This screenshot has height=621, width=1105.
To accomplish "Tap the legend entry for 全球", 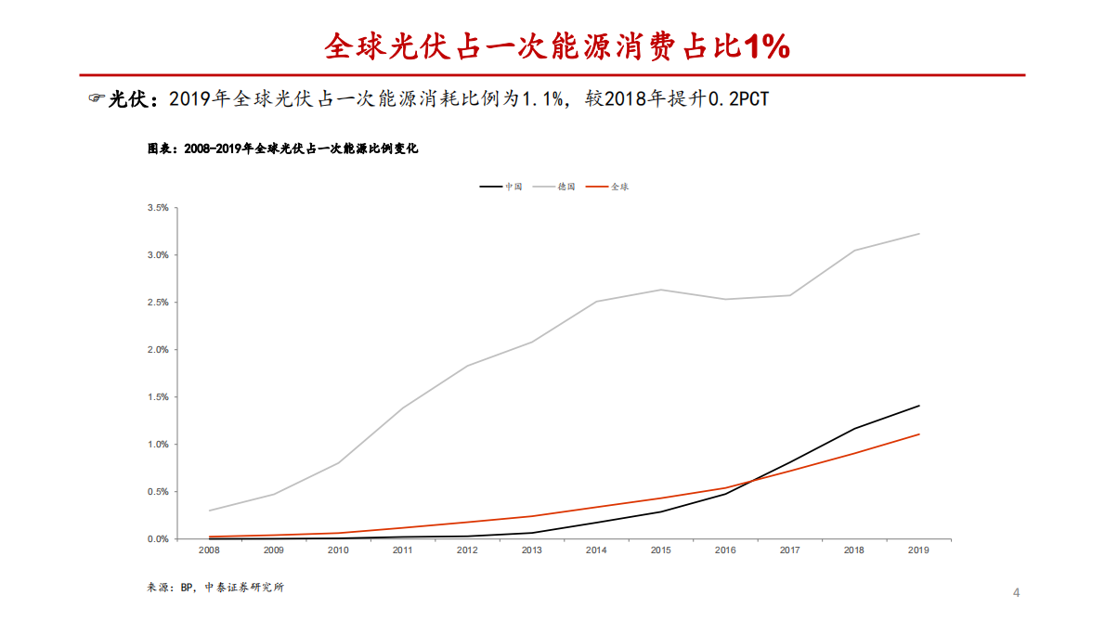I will point(619,187).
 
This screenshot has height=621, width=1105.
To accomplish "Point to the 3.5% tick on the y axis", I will point(157,208).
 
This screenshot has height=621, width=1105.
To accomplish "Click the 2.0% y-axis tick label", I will point(157,350).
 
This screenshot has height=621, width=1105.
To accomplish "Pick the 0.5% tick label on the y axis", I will point(157,492).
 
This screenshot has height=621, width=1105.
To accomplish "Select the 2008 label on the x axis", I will point(209,550).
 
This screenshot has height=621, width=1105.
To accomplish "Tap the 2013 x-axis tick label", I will point(531,550).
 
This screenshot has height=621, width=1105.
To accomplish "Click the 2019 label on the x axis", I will point(918,550).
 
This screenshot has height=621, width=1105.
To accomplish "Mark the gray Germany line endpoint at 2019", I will point(919,234).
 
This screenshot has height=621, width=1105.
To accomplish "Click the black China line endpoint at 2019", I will point(919,406).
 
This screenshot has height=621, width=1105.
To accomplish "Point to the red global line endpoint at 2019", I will point(919,434).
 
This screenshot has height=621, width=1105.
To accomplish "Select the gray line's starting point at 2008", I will point(209,511).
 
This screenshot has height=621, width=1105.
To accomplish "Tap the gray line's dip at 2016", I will point(725,299).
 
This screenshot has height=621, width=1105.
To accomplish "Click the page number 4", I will point(1016,592).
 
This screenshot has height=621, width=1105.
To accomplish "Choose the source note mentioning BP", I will point(215,588).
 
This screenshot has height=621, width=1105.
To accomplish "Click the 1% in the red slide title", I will point(766,45).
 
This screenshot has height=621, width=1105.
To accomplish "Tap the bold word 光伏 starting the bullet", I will point(127,99).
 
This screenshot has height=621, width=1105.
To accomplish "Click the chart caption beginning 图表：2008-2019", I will point(283,149).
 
